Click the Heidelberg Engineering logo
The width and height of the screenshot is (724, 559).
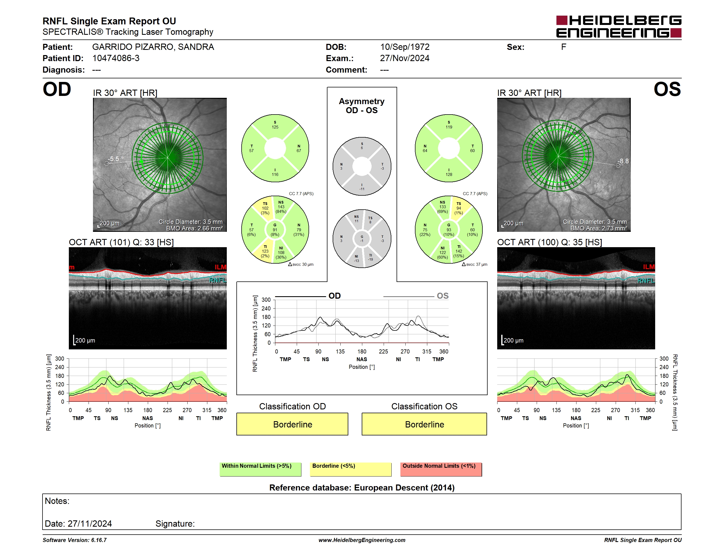point(619,27)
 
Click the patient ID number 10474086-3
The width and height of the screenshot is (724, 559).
point(116,58)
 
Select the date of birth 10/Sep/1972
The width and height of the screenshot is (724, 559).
point(405,47)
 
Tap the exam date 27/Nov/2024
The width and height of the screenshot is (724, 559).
point(405,58)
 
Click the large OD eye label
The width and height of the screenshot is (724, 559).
point(57,89)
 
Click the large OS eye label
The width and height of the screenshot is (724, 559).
point(667,89)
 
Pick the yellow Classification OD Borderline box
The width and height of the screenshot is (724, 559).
point(292,424)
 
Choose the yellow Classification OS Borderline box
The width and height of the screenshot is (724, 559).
point(424,424)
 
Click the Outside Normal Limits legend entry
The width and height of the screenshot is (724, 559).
point(441,469)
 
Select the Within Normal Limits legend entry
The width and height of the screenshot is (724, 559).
point(260,469)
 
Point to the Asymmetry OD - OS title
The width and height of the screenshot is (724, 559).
point(362,106)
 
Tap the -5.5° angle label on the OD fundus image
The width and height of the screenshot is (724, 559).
point(115,159)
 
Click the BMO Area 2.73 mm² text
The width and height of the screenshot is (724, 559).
point(599,229)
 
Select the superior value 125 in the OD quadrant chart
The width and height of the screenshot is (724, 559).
point(275,127)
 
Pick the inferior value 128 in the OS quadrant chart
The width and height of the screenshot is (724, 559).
point(449,175)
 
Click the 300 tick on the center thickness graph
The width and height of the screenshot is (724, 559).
point(266,300)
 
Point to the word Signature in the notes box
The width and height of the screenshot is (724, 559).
point(175,524)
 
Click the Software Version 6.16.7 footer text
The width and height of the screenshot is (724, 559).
point(75,540)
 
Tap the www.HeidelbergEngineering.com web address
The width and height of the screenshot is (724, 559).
point(362,540)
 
